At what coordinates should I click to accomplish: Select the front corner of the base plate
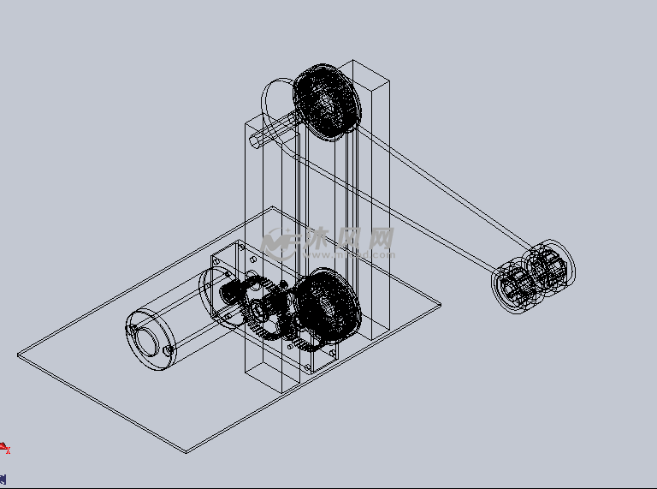pyautogui.click(x=187, y=451)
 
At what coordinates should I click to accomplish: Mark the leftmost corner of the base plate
pyautogui.click(x=18, y=354)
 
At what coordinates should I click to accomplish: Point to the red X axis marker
pyautogui.click(x=4, y=448)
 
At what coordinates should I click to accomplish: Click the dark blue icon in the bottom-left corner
pyautogui.click(x=3, y=479)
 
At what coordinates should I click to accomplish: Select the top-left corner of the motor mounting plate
pyautogui.click(x=213, y=255)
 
